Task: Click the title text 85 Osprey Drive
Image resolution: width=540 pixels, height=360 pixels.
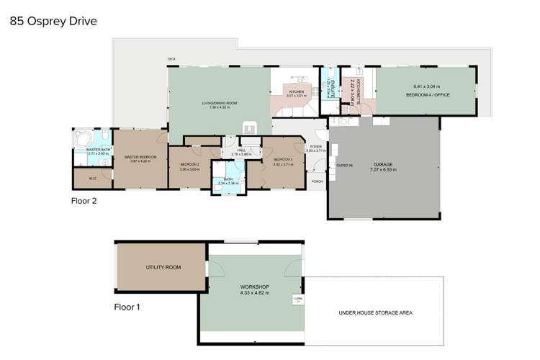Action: (52, 22)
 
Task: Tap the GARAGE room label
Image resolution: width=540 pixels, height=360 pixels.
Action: (383, 164)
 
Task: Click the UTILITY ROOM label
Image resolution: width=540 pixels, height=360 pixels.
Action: (163, 267)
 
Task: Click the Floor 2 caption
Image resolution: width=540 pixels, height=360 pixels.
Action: (84, 201)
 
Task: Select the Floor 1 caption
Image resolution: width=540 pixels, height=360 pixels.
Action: (127, 307)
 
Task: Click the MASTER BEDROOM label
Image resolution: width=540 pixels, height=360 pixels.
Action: (140, 157)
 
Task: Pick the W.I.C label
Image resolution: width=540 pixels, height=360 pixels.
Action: (93, 178)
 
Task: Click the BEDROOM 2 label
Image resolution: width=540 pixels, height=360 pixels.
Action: (189, 165)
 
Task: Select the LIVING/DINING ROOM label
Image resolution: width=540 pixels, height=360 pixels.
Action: (220, 104)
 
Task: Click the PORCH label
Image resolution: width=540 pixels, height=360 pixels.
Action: (317, 181)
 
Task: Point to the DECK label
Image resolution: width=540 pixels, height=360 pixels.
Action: (171, 59)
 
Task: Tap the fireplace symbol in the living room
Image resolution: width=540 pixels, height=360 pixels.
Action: (250, 127)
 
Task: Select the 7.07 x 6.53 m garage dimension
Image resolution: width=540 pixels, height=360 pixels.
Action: (383, 170)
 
